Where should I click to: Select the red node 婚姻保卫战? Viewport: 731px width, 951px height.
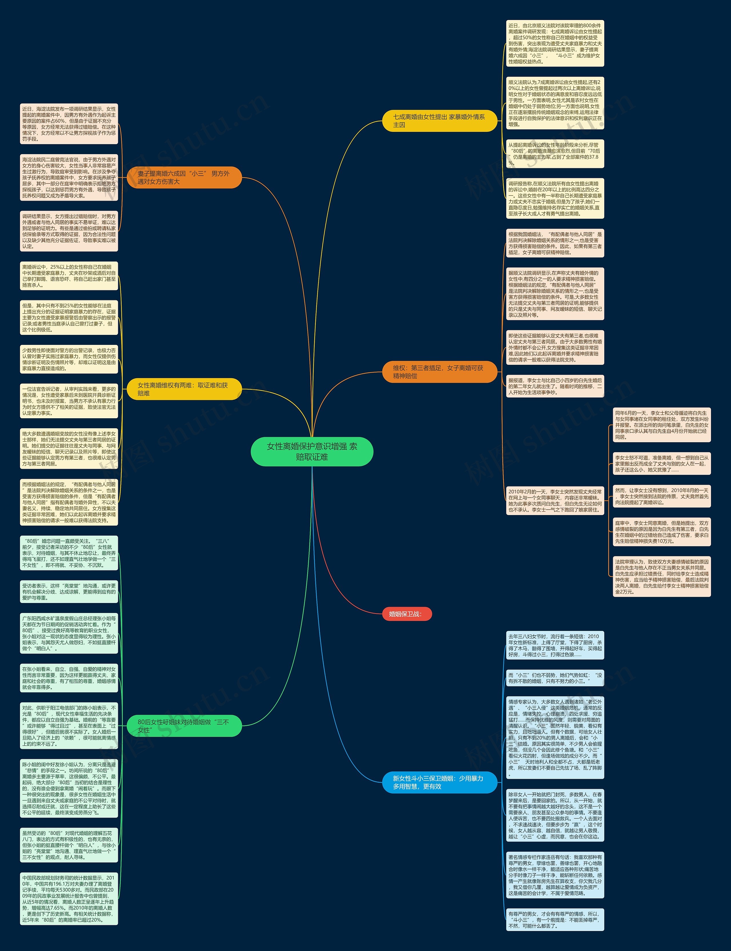pos(406,614)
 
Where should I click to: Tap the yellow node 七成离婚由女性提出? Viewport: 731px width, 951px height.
pos(439,120)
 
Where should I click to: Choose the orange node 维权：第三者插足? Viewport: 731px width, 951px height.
pos(439,371)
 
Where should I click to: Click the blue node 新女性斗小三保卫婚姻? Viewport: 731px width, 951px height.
pos(439,782)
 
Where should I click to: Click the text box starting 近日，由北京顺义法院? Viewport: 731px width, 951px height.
pos(555,43)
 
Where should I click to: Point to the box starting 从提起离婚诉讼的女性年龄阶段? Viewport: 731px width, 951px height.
pos(555,154)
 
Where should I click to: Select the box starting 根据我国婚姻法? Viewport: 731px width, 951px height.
pos(555,243)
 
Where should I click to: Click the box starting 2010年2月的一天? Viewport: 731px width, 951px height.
pos(555,501)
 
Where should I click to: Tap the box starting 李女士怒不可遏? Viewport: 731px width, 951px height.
pos(661,464)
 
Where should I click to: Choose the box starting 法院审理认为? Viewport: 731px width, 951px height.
pos(661,576)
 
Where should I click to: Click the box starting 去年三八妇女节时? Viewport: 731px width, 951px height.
pos(555,646)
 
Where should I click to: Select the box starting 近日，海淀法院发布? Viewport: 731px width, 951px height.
pos(69,124)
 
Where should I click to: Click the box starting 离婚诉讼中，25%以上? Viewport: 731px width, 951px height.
pos(69,276)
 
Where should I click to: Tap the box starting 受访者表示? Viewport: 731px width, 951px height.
pos(69,592)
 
